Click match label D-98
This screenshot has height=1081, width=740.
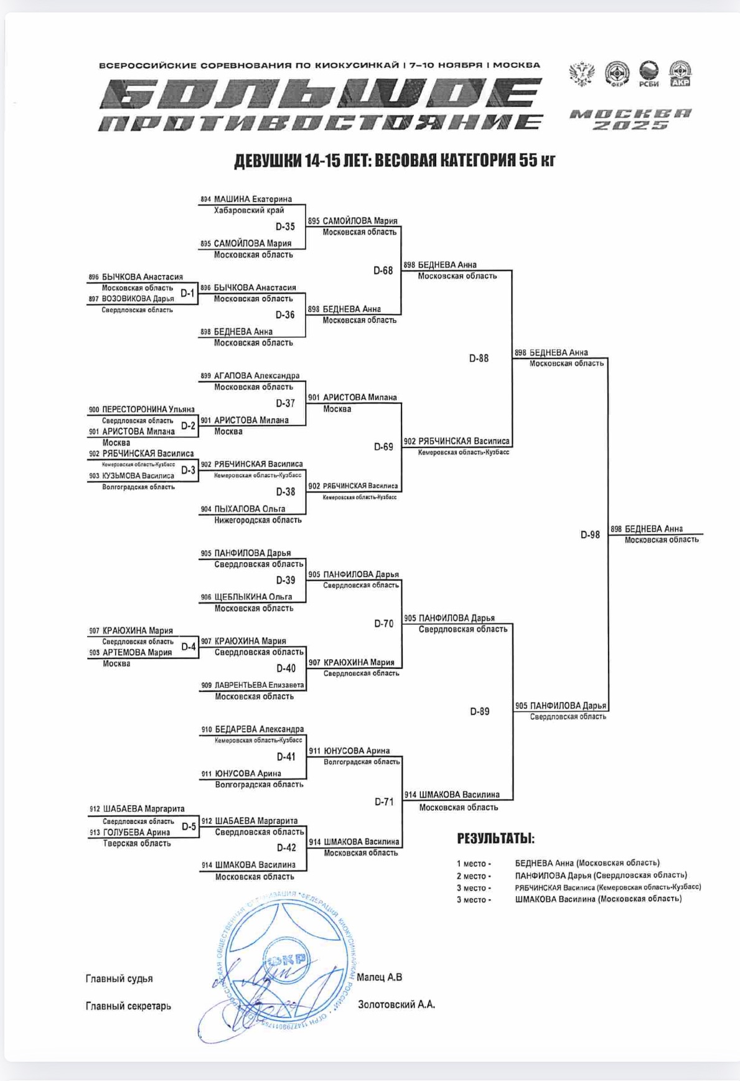coord(590,535)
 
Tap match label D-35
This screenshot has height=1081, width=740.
coord(285,227)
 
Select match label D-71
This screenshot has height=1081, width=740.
coord(384,802)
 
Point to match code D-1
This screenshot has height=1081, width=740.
coord(187,293)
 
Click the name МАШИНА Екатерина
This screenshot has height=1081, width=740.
coord(253,200)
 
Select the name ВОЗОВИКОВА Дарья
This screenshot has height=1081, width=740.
coord(138,299)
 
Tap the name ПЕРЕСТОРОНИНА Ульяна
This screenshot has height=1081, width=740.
coord(148,409)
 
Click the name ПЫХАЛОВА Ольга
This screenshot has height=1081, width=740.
coord(250,509)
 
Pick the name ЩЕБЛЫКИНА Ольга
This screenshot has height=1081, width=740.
coord(253,597)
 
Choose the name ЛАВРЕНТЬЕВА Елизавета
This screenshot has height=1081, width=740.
coord(259,685)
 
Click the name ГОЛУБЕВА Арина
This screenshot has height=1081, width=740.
coord(136,833)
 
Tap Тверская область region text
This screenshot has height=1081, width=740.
coord(136,844)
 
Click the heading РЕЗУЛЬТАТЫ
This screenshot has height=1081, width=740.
coord(495,838)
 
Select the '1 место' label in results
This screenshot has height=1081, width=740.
coord(474,864)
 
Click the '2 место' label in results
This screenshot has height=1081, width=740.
coord(474,876)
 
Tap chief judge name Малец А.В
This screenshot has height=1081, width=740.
coord(380,977)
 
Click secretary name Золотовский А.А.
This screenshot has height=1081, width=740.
coord(396,1004)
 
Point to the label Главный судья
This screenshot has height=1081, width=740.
coord(119,979)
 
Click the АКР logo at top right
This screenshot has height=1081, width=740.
coord(680,74)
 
